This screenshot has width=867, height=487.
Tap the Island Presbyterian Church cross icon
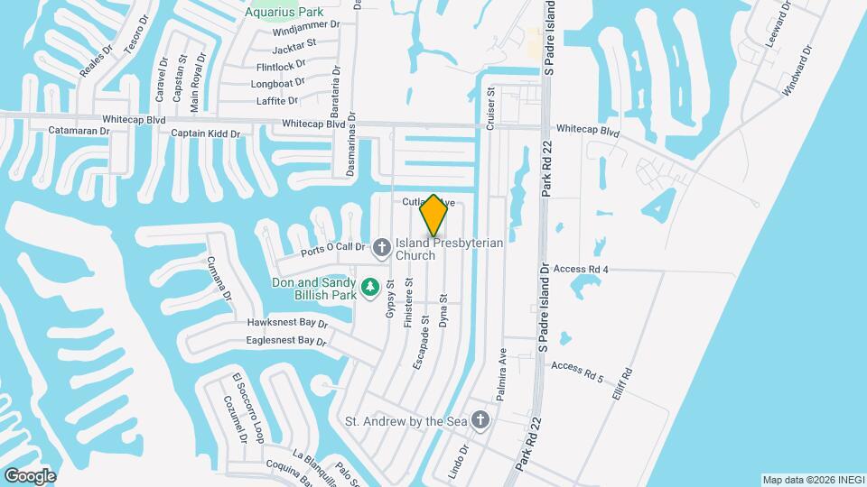pos(382,245)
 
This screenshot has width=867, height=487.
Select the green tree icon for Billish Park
pos(369,288)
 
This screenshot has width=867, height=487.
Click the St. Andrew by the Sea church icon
pos(480,420)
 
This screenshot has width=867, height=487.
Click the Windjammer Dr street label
pos(306,28)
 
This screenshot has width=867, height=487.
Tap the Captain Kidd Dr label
pos(206,133)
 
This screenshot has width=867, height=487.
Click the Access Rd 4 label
pos(581,269)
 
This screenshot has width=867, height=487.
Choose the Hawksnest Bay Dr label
pos(287,322)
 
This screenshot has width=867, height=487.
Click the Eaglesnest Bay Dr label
pos(285,341)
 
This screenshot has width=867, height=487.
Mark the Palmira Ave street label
pos(501,374)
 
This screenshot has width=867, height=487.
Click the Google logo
pos(30,475)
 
